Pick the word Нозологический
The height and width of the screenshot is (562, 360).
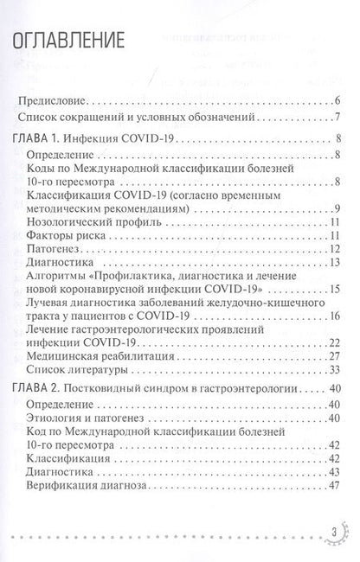78,220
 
